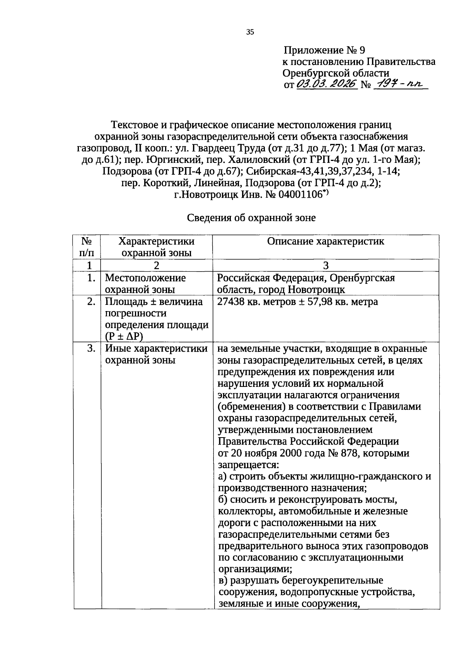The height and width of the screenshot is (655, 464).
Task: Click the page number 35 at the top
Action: coord(250,32)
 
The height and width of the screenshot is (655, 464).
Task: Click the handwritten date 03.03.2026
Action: coord(326,84)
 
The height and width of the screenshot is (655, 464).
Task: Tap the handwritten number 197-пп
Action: coord(399,84)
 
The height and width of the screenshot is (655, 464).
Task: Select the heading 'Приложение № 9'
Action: coord(324,50)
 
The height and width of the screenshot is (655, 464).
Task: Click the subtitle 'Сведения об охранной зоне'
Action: coord(251,218)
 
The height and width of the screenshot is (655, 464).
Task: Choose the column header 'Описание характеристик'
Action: coord(326,241)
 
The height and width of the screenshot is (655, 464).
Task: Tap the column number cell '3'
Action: coord(326,265)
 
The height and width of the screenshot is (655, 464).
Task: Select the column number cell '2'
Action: coord(156,265)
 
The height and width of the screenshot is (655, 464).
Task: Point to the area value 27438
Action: coord(231,302)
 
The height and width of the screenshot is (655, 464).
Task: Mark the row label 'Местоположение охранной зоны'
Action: coord(145,284)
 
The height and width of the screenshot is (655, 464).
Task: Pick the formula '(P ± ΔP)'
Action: coord(124,337)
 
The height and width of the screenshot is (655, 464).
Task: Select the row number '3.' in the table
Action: coord(91,349)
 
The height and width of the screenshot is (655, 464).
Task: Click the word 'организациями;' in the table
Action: coord(255,569)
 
